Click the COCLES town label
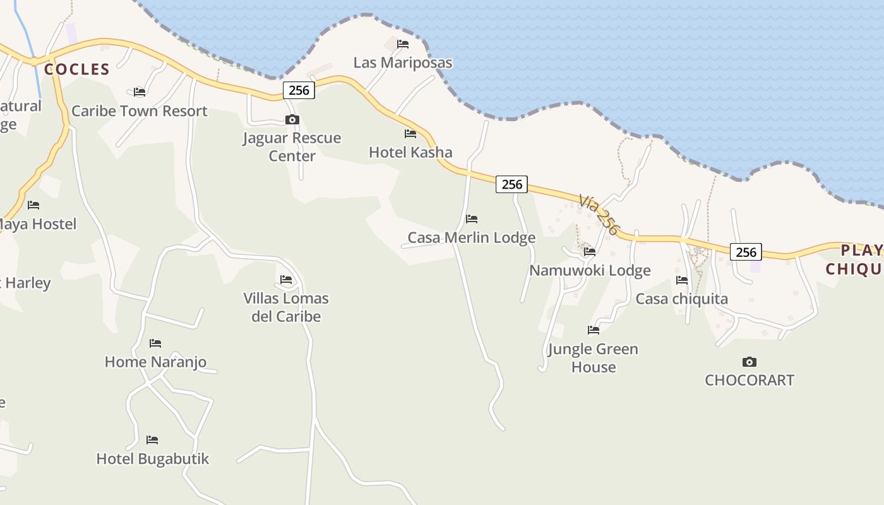point(77,69)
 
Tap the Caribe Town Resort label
point(139,111)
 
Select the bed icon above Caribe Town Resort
point(140,92)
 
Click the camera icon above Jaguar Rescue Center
point(292,119)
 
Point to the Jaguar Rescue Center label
point(292,146)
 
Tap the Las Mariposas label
point(403,62)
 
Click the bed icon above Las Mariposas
point(403,44)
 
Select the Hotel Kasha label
point(410,152)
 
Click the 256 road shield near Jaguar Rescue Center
point(299,90)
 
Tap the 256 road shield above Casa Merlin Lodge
point(511,184)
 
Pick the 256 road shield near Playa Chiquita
point(746,252)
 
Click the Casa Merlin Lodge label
point(471,237)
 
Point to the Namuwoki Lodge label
point(590,270)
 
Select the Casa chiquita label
point(681,299)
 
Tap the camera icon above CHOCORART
point(750,362)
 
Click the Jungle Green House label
point(593,357)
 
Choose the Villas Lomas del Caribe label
point(286,307)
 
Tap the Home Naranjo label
point(155,362)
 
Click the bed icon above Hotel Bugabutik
point(152,440)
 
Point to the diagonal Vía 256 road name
point(598,215)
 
